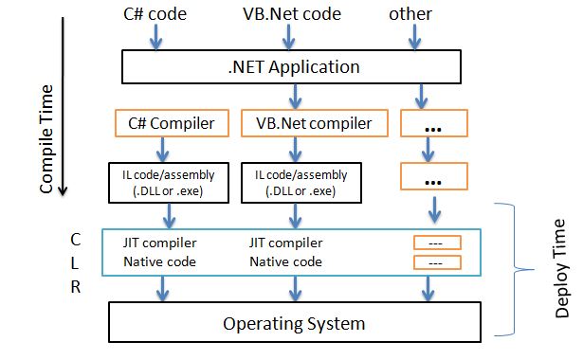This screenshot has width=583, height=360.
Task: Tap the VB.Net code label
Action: (x=293, y=15)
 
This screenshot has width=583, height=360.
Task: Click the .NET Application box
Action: (x=292, y=66)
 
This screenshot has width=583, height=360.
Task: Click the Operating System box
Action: (x=293, y=323)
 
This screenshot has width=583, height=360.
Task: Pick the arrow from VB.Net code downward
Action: (x=293, y=37)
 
